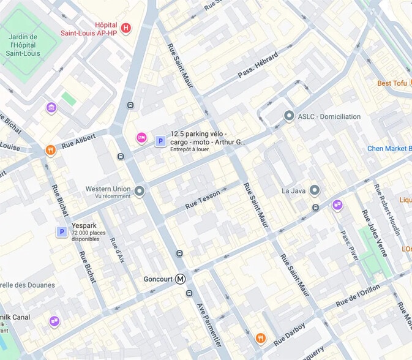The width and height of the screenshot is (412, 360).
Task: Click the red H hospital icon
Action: [126, 28]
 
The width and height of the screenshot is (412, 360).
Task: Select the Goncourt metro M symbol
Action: [181, 279]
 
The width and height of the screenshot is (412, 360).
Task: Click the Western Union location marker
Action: [140, 192]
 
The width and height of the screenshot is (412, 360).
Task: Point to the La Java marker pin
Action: [315, 190]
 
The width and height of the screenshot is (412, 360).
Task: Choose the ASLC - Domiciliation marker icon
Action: [289, 116]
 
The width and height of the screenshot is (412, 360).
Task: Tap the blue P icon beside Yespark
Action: [61, 231]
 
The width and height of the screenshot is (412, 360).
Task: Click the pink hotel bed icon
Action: [141, 138]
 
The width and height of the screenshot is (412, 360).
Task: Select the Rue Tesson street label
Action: [203, 197]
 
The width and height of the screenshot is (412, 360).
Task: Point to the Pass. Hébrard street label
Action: [258, 65]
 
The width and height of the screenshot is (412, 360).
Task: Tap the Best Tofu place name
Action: [392, 83]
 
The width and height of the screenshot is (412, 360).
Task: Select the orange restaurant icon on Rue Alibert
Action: [50, 149]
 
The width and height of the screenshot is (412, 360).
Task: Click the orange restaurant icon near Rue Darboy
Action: [261, 337]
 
